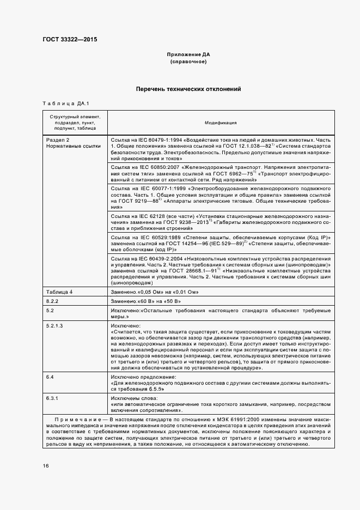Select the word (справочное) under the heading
[x=188, y=63]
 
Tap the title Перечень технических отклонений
[x=188, y=89]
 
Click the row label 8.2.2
[x=52, y=301]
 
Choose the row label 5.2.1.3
[x=55, y=325]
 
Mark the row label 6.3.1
[x=52, y=398]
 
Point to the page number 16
[x=46, y=466]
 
